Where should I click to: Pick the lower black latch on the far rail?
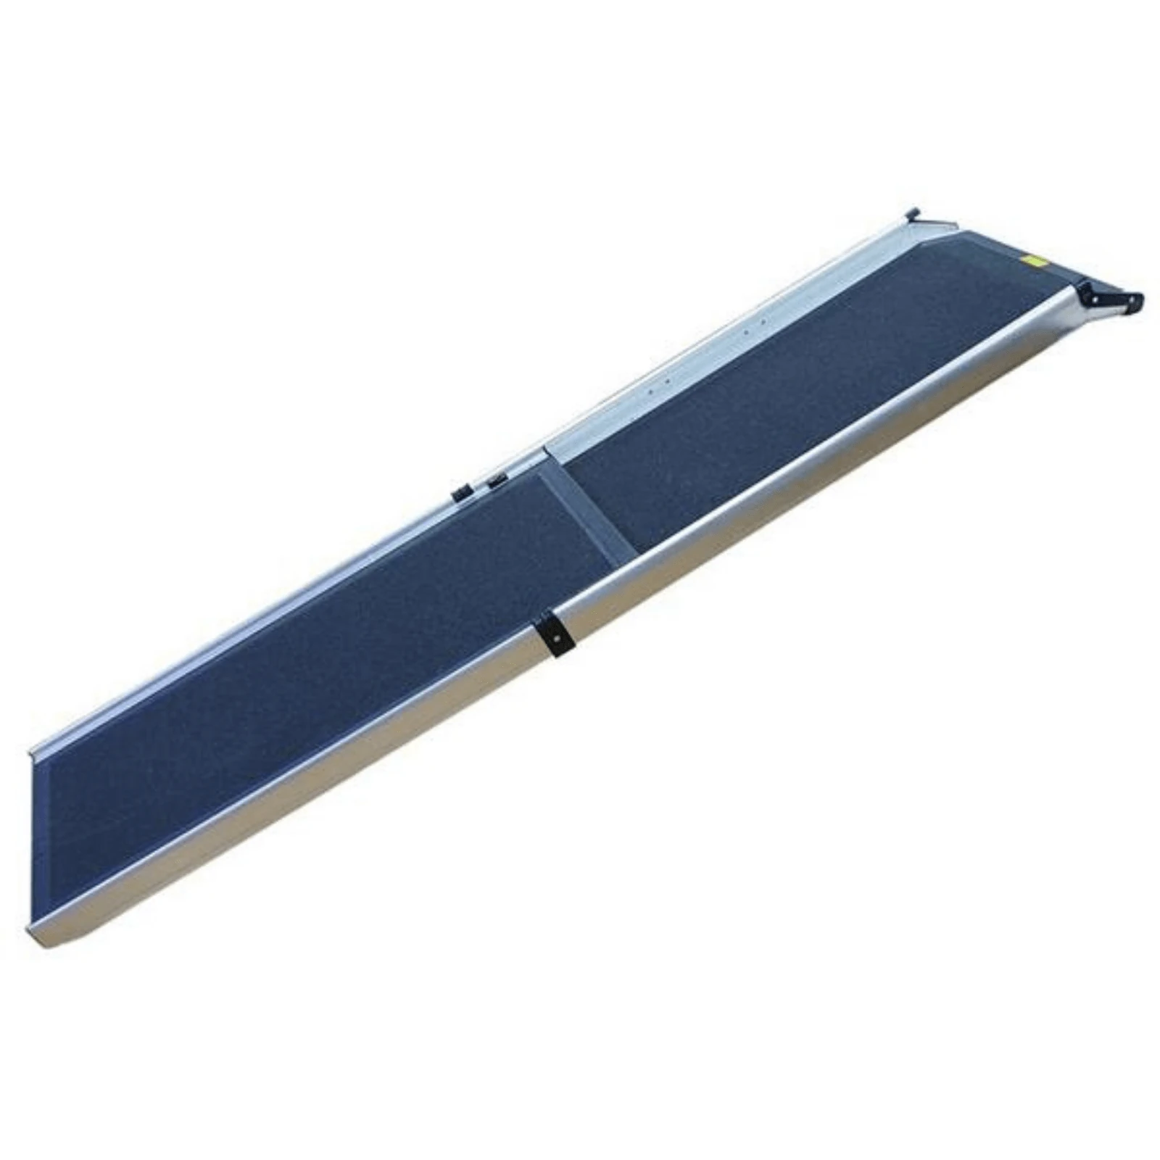click(459, 494)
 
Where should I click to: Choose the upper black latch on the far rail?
click(497, 480)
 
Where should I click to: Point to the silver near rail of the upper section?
click(834, 471)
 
